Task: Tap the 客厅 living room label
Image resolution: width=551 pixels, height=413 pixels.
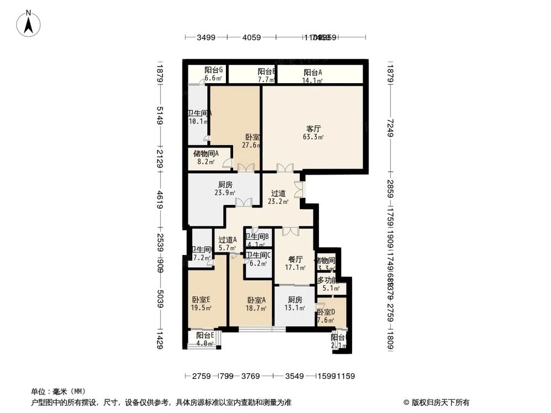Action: click(314, 129)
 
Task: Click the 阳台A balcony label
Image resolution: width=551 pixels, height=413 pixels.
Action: click(313, 72)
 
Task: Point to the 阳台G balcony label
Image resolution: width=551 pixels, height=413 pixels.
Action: click(213, 70)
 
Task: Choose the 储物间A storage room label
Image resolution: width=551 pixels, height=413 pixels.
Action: click(206, 154)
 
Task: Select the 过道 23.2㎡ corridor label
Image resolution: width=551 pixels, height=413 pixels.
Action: click(278, 193)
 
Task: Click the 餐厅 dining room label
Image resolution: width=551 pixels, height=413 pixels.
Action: click(295, 259)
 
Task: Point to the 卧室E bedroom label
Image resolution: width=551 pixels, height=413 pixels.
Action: click(201, 300)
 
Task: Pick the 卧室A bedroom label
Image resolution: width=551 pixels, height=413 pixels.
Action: click(256, 300)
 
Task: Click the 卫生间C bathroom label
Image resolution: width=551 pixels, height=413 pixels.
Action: click(257, 256)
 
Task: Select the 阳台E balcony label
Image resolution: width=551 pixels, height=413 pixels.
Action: click(205, 336)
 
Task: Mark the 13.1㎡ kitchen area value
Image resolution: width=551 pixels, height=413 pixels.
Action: click(295, 308)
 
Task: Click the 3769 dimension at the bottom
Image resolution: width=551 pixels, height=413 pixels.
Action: click(251, 377)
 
